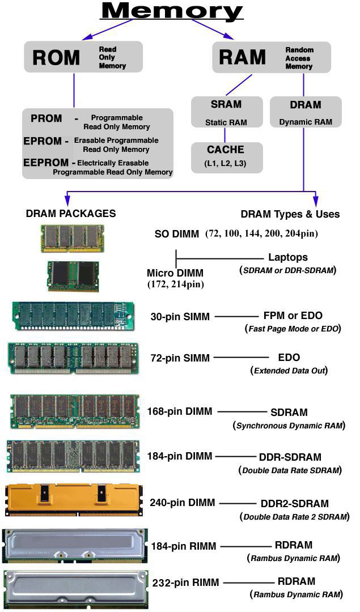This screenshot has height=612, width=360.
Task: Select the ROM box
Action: (83, 57)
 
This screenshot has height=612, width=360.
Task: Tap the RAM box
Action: (271, 57)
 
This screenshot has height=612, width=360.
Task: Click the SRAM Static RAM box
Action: (226, 112)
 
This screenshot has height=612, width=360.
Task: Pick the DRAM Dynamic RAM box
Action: (306, 112)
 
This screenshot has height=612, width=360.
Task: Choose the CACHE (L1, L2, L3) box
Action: (226, 157)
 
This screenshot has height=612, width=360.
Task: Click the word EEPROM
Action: (46, 163)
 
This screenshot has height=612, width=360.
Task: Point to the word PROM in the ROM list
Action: (46, 118)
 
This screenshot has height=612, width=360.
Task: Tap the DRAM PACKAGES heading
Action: (71, 214)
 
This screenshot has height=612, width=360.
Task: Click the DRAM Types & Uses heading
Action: (290, 214)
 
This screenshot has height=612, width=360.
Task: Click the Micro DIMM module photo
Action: (73, 276)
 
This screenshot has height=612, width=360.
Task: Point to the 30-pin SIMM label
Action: (180, 316)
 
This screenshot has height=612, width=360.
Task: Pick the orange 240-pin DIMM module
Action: (72, 499)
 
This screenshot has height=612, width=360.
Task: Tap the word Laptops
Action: (288, 257)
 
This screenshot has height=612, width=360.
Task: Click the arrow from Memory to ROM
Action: (108, 29)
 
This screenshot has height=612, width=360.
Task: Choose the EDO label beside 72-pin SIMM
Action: (289, 358)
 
